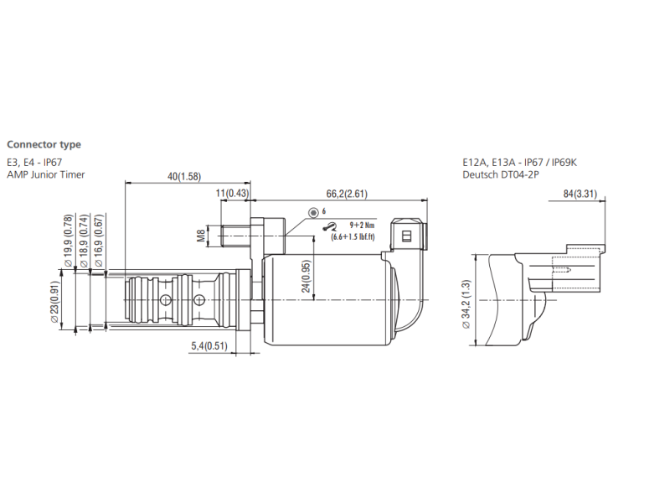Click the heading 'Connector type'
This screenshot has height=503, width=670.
(x=44, y=144)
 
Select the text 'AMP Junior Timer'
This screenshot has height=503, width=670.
(x=46, y=174)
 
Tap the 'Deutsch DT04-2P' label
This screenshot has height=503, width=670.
(x=499, y=174)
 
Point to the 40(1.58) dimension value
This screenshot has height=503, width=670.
(x=183, y=176)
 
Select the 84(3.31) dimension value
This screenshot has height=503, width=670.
(x=579, y=194)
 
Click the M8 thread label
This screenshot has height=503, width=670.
(x=201, y=236)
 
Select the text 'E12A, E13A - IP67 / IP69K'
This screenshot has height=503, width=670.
(x=519, y=162)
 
